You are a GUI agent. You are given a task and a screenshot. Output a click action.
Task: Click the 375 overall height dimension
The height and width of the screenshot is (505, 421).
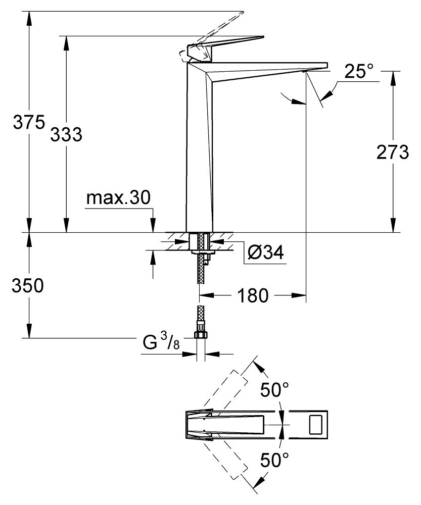tap(29, 123)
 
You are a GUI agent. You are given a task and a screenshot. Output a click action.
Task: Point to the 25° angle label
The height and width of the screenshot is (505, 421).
tap(359, 71)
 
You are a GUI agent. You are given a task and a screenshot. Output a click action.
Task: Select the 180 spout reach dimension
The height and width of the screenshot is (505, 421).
tap(253, 295)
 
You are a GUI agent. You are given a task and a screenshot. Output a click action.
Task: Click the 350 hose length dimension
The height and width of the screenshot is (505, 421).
tap(27, 285)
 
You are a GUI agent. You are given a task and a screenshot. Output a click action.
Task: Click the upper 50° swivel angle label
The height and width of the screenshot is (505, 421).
tap(274, 390)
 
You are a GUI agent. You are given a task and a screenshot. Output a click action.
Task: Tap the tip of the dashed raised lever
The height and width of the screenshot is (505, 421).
tap(243, 12)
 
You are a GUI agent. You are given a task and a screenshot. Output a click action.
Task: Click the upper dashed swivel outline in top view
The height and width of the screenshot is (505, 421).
tap(225, 392)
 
